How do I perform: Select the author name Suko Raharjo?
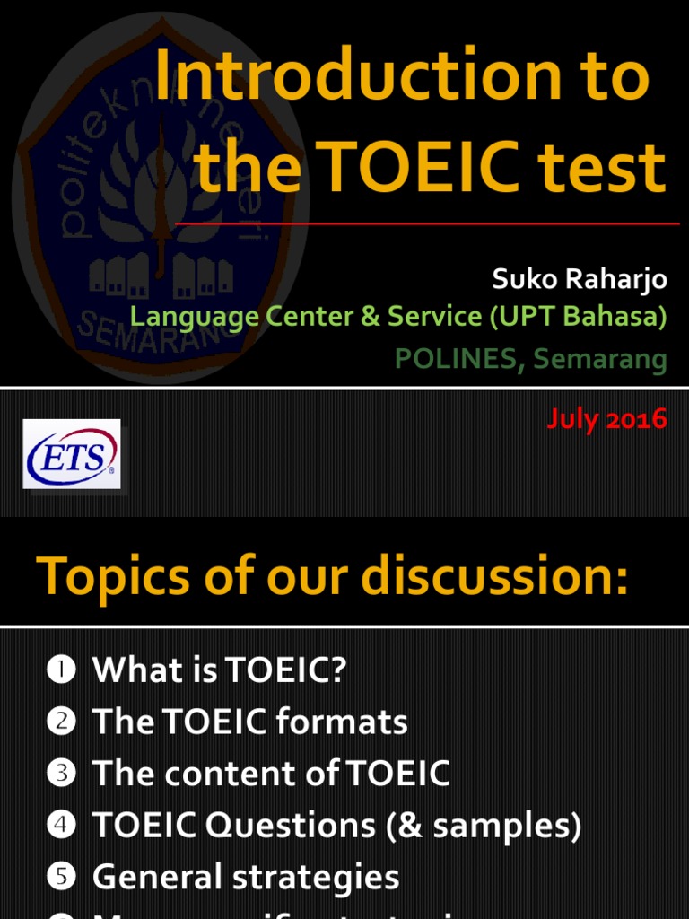pos(580,279)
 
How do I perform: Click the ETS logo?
pos(72,453)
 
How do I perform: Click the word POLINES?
pos(456,359)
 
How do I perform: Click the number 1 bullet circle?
pos(61,670)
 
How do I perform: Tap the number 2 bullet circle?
pos(61,722)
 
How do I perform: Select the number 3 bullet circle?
pos(61,774)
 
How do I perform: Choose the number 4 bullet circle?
pos(61,826)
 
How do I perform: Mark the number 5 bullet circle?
pos(61,878)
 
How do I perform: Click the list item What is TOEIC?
pos(219,670)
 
